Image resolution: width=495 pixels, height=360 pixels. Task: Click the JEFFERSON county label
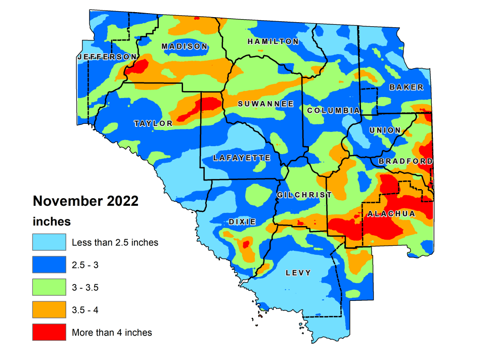(x=107, y=57)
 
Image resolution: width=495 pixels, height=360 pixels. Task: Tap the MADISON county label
(x=184, y=47)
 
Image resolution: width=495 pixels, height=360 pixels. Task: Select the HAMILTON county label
(x=273, y=41)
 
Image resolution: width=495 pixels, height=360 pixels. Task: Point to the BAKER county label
(x=406, y=87)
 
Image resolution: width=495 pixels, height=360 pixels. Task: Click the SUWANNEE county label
(x=265, y=104)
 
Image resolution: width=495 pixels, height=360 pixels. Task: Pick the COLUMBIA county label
(x=333, y=110)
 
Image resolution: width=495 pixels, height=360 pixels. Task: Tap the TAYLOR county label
(x=153, y=123)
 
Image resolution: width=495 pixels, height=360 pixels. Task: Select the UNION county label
(x=385, y=130)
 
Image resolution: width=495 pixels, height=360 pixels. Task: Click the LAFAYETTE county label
(x=242, y=158)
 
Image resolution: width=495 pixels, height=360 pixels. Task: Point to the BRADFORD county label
(x=406, y=161)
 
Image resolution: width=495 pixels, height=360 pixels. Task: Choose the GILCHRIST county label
(x=304, y=195)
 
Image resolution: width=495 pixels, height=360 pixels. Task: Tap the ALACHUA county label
(x=391, y=214)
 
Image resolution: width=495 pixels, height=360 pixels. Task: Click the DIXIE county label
(x=242, y=222)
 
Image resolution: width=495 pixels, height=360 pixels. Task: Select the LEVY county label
(x=298, y=273)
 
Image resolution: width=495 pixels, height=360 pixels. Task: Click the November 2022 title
(x=85, y=201)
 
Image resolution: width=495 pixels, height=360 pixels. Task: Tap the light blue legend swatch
(x=49, y=242)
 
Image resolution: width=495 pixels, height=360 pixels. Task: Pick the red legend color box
(x=49, y=332)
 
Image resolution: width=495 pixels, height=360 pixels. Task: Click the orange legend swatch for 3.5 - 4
(x=49, y=310)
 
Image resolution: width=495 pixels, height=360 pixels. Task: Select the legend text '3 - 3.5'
(x=85, y=288)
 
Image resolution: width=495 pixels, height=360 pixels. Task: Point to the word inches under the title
(x=52, y=221)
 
